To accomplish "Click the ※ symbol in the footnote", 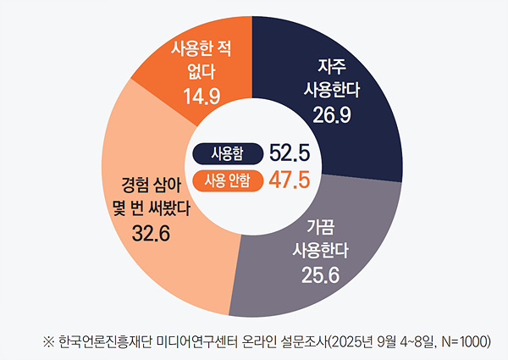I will (x=47, y=341).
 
